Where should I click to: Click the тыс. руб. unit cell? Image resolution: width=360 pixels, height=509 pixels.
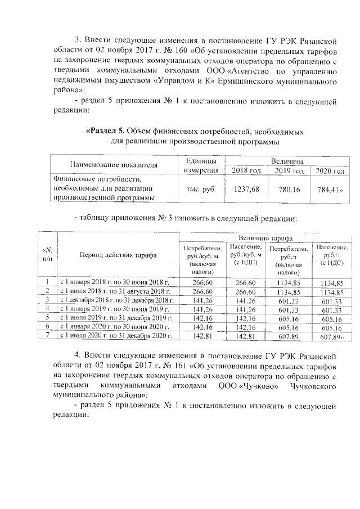point(201,190)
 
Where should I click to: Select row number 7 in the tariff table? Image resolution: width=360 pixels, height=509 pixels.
point(48,336)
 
